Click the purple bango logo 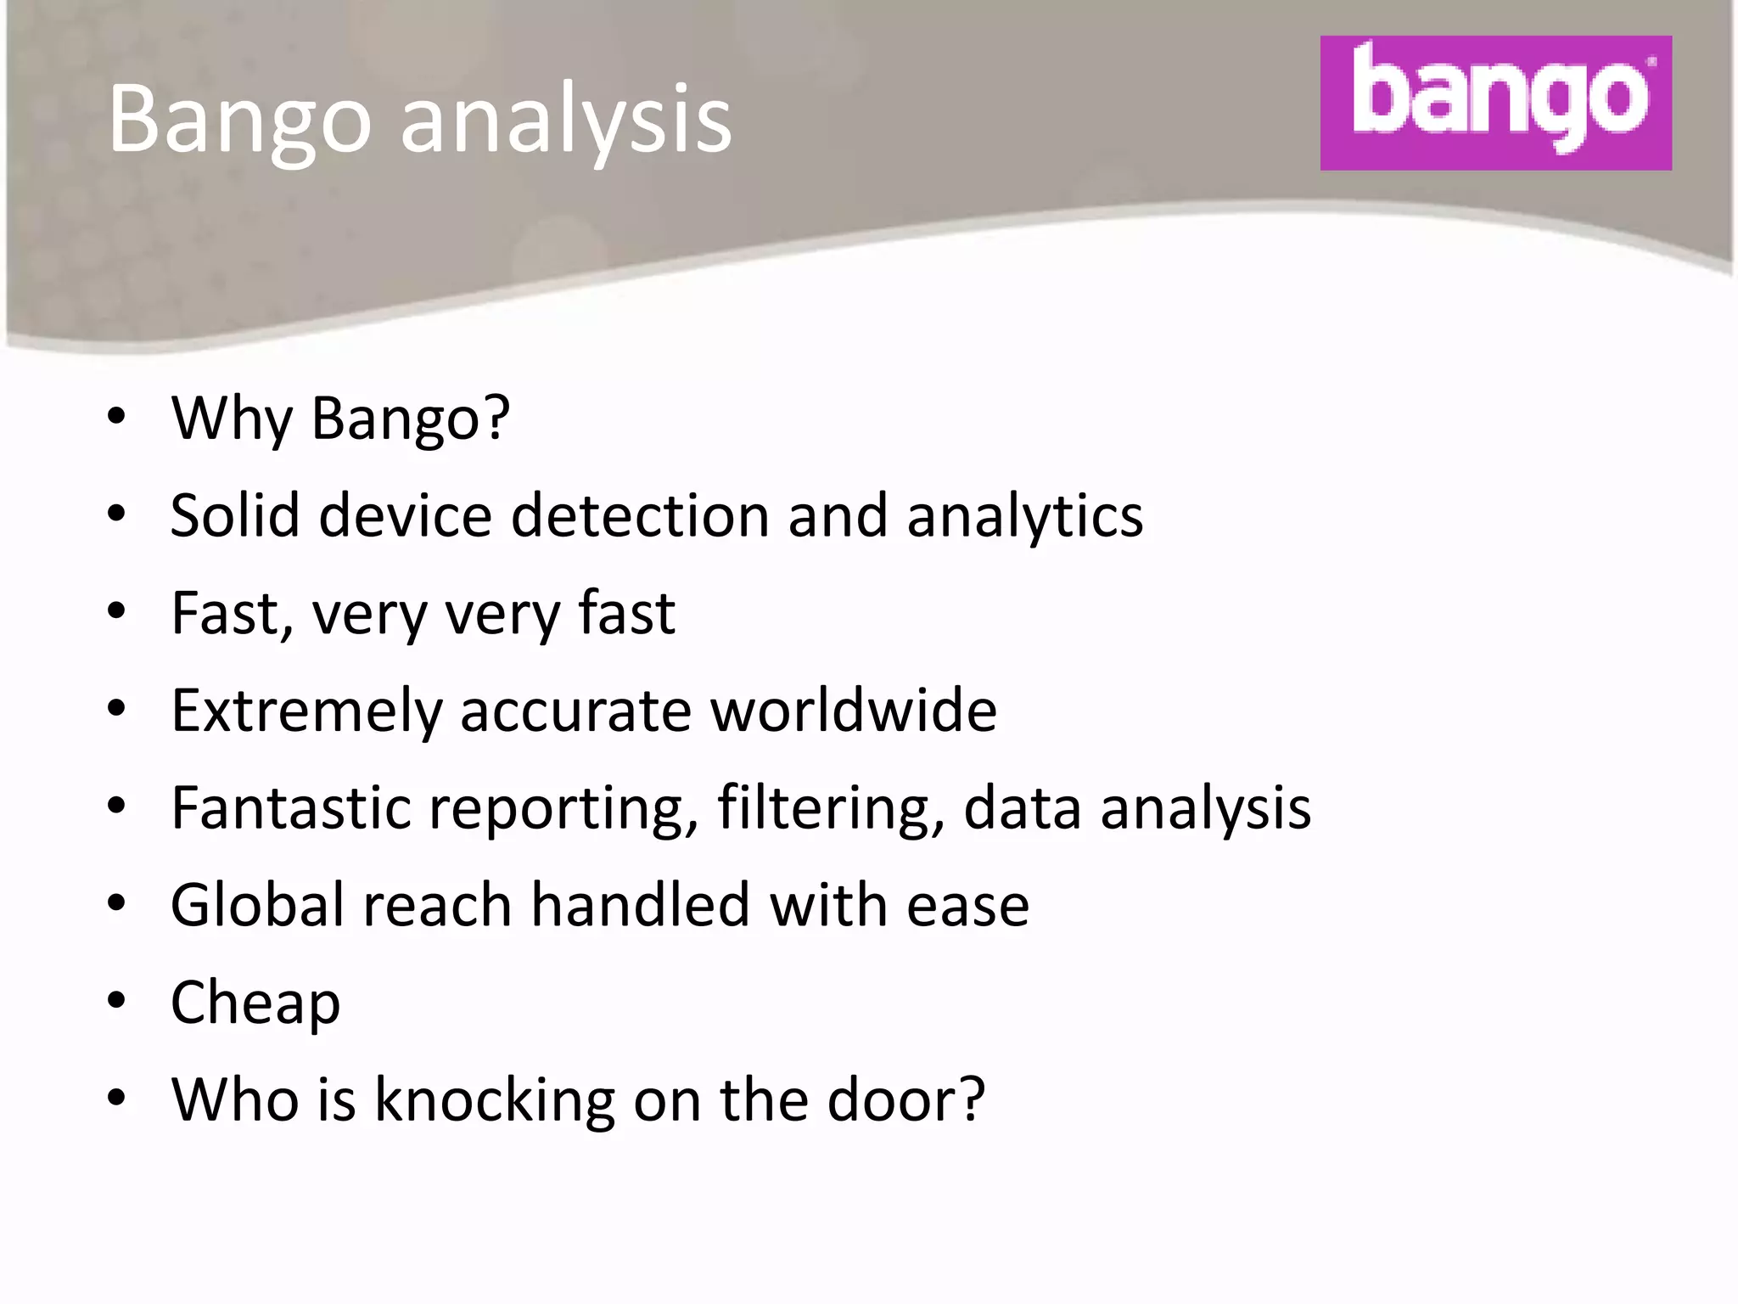coord(1495,103)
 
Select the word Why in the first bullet coord(232,419)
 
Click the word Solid coord(235,515)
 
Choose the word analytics coord(1024,517)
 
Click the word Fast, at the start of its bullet coord(232,613)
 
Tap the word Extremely coord(306,711)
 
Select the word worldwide coord(853,710)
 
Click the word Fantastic coord(290,807)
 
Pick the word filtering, coord(831,807)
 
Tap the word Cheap coord(255,1003)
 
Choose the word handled coord(640,904)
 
